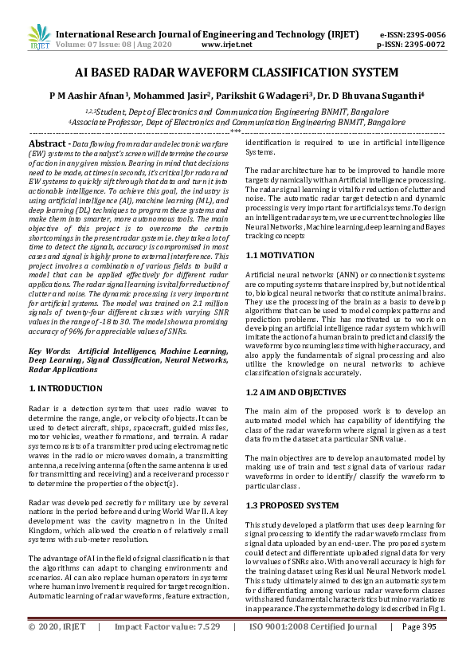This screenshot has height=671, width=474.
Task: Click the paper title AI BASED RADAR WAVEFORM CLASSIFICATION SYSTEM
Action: pyautogui.click(x=237, y=73)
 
